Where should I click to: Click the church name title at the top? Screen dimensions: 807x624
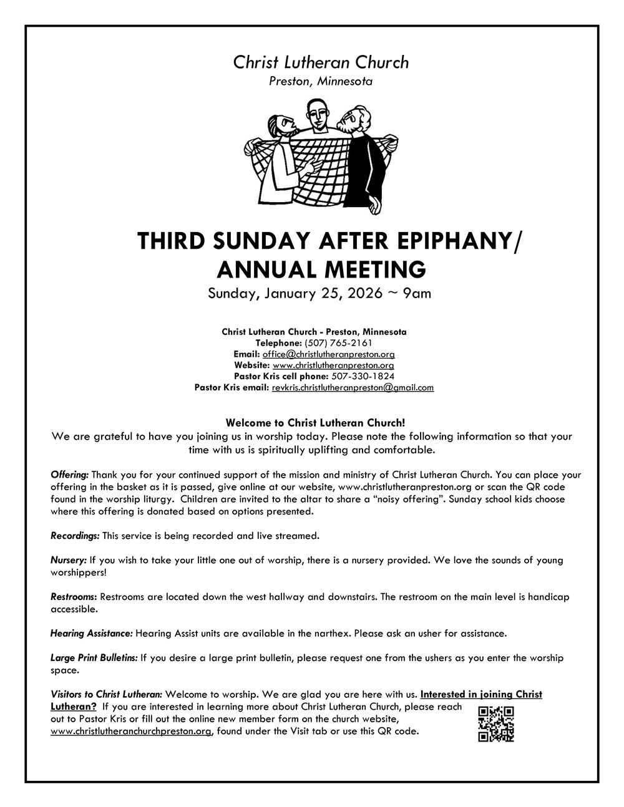[x=321, y=62]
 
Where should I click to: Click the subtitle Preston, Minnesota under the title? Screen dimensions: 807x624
[x=321, y=81]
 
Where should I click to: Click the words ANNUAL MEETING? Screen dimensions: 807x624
[x=321, y=269]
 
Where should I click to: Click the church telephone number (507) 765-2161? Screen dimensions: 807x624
[x=346, y=342]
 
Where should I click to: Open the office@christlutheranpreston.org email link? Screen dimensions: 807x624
[x=328, y=354]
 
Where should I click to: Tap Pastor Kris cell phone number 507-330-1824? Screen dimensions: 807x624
[x=363, y=376]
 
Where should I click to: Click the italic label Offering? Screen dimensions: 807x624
[x=69, y=475]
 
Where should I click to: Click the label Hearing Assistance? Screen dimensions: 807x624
[x=91, y=633]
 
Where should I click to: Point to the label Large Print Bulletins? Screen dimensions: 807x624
[x=94, y=657]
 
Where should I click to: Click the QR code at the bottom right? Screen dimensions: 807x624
[x=496, y=724]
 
